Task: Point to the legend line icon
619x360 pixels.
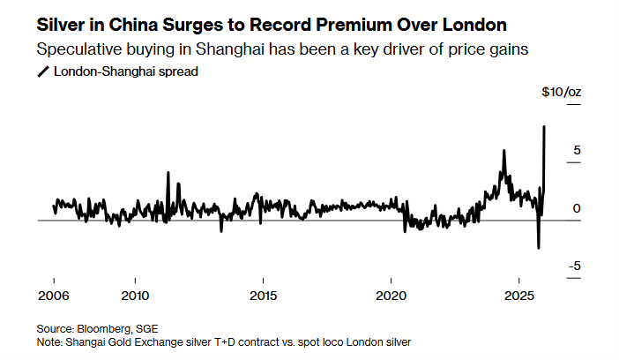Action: [43, 72]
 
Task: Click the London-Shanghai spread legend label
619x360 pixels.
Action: [125, 72]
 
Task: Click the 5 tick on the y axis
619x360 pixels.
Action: [576, 151]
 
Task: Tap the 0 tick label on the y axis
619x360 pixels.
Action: [576, 208]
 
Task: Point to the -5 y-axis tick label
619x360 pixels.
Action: [573, 266]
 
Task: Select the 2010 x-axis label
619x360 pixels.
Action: [135, 295]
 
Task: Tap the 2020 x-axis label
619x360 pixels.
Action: [392, 295]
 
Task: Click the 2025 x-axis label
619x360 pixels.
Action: [520, 295]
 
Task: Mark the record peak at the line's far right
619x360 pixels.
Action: [544, 127]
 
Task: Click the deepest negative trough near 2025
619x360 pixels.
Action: [538, 248]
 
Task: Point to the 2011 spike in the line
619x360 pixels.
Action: [168, 173]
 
